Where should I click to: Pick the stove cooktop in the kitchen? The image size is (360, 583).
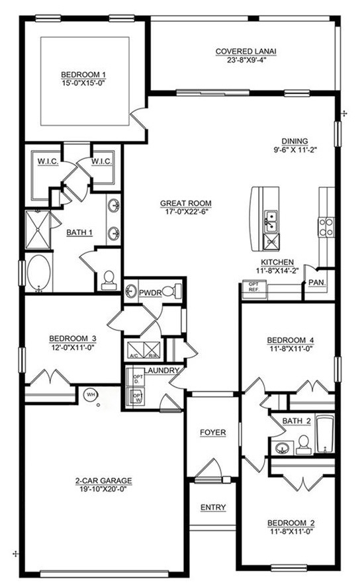[326, 227]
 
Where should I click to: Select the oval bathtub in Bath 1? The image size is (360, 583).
[38, 273]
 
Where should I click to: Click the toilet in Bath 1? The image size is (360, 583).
[109, 280]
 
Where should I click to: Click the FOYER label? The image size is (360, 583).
[213, 433]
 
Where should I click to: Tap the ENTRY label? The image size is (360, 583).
[213, 508]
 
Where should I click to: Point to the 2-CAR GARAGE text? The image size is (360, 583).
[103, 481]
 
